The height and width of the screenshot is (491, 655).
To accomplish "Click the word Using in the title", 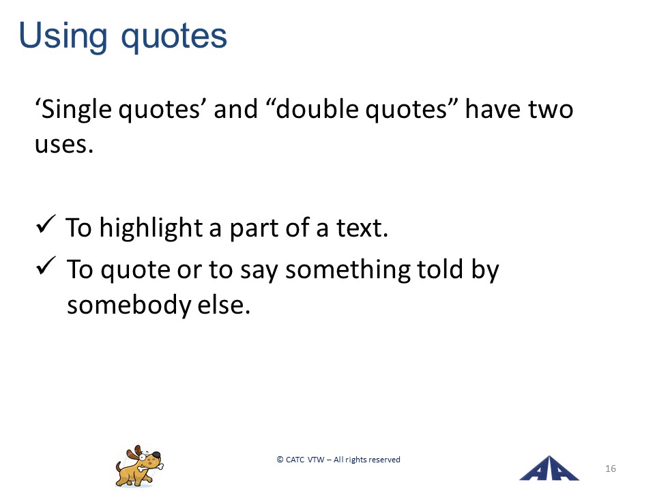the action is [x=63, y=37].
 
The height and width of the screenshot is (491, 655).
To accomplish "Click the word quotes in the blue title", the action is [x=174, y=38].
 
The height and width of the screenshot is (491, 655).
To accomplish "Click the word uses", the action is [x=64, y=145].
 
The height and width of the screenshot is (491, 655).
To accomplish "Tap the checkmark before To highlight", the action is [x=46, y=224].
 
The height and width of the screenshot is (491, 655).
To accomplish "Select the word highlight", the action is [x=151, y=229].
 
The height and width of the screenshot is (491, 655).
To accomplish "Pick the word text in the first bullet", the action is [x=362, y=228].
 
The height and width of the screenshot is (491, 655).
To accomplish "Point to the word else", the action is [x=224, y=305].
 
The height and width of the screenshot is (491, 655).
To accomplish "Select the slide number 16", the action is [x=610, y=468].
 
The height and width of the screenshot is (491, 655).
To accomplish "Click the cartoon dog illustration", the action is [x=139, y=466].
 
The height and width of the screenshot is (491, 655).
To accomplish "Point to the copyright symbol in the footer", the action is [x=280, y=459].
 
